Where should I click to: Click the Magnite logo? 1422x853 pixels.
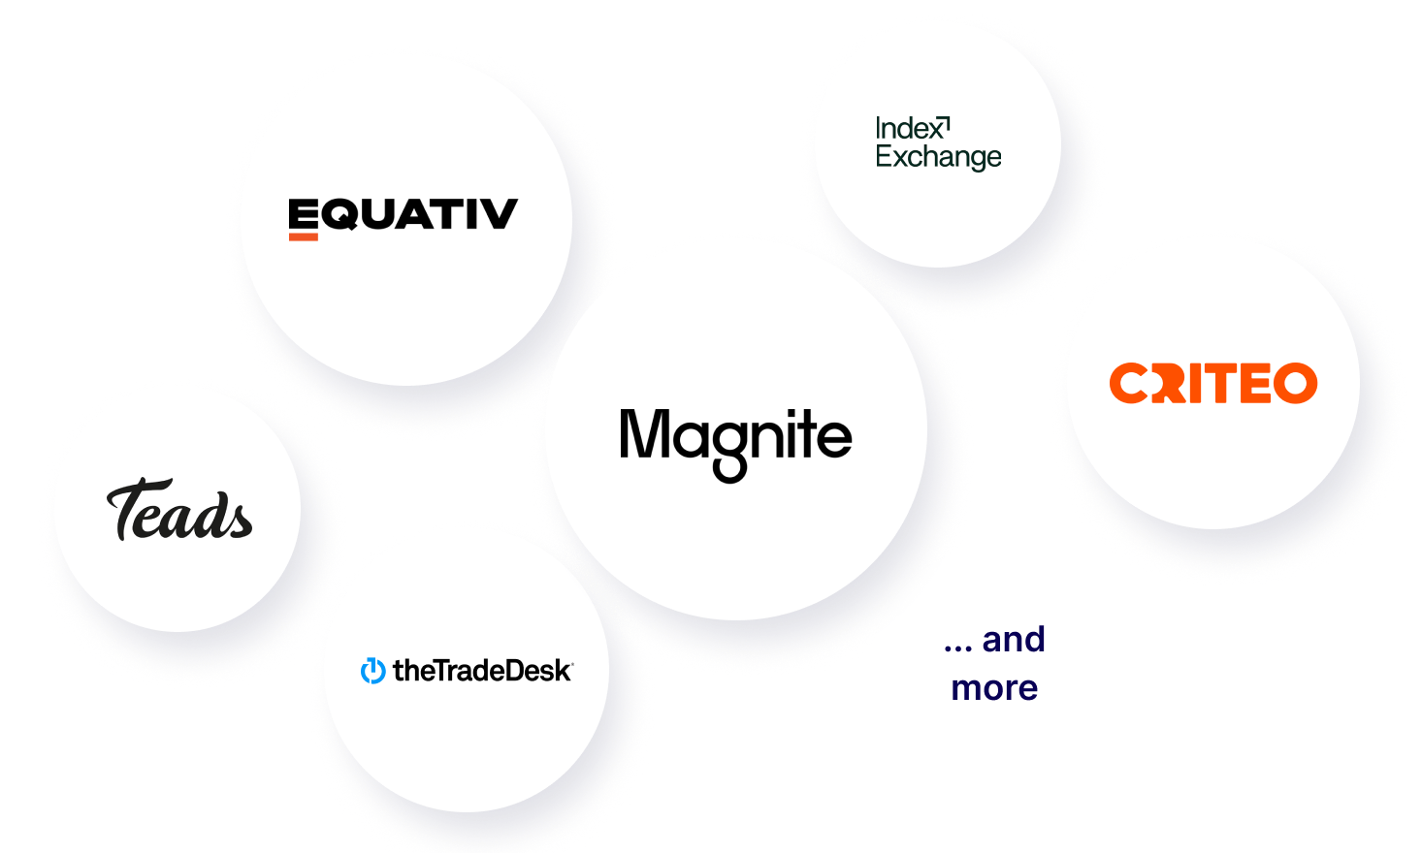coord(735,438)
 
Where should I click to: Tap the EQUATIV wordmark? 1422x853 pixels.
coord(403,214)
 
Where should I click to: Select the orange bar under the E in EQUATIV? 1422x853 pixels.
coord(303,236)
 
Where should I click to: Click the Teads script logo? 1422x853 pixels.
coord(179,511)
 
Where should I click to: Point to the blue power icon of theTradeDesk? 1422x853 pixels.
coord(372,671)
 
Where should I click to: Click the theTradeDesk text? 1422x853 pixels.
coord(482,671)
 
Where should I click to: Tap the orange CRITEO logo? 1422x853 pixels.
coord(1212,383)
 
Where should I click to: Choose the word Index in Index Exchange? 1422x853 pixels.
coord(907,129)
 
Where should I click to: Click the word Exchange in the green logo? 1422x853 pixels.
coord(938,157)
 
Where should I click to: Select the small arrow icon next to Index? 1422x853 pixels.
coord(945,124)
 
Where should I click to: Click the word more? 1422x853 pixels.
coord(994,688)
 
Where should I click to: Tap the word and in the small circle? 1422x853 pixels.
coord(1013,640)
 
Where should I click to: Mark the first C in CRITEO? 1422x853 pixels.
coord(1128,383)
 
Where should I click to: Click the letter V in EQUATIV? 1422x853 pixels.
coord(497,214)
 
